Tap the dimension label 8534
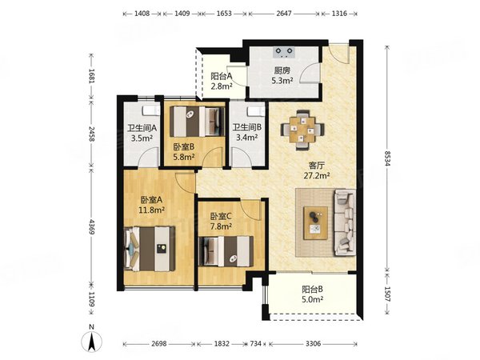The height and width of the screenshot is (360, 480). coord(387,158)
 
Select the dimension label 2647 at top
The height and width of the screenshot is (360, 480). coord(284,14)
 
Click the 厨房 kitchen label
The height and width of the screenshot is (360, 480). coord(282,70)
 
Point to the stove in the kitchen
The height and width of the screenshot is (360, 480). coord(284,52)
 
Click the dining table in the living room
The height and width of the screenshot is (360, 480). coord(302,130)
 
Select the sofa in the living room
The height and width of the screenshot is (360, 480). coord(345,222)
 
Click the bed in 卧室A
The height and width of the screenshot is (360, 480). coord(150,249)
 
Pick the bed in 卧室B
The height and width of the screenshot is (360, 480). coord(198,122)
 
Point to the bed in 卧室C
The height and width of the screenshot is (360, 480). coord(226,251)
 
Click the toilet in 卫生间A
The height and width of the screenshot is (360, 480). coord(151,110)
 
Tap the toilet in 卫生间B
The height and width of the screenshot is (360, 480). coord(256,111)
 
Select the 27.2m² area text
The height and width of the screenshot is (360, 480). coord(317,176)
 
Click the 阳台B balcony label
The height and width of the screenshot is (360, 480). coord(312,289)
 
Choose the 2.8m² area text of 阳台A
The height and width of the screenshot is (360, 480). coord(221,86)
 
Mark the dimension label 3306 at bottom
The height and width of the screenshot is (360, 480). coord(313,344)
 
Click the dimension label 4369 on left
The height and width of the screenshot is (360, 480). coord(91,226)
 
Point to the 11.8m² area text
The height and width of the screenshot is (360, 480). coord(152,210)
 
